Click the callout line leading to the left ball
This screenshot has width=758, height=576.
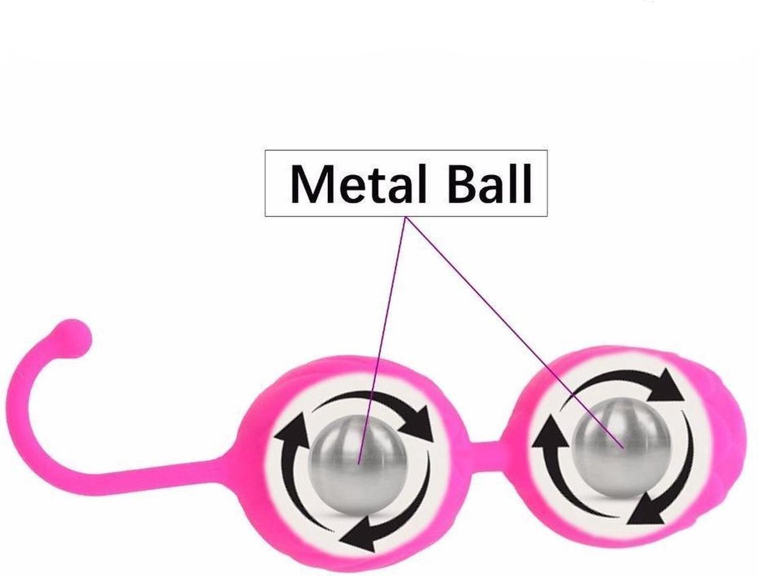point(382,340)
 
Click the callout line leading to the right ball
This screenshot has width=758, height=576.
point(514,332)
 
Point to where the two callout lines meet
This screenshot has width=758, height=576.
point(406,217)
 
